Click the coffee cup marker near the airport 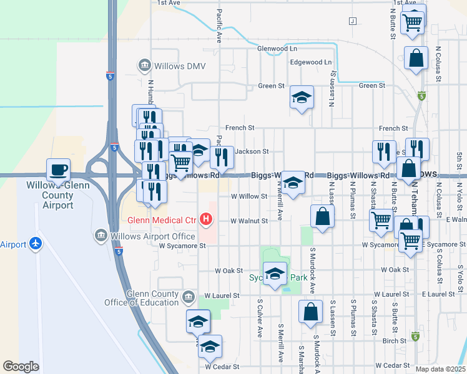(58, 170)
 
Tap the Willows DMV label (167, 66)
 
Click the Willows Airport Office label (152, 236)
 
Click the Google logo (21, 367)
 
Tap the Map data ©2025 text (441, 369)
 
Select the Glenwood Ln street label (277, 49)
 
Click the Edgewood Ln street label (310, 62)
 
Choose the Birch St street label (395, 341)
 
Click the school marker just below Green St (302, 98)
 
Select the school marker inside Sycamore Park (275, 274)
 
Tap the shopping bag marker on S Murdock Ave (310, 312)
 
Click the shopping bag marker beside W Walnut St (323, 217)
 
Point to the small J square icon (352, 21)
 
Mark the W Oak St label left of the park (229, 271)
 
